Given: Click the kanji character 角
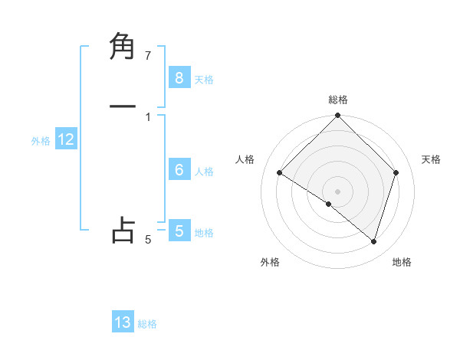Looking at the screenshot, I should (x=123, y=47).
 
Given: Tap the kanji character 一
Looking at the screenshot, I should (x=123, y=106).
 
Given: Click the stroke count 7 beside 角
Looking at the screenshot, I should (x=148, y=55).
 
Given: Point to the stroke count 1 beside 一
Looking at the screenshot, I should (x=148, y=116).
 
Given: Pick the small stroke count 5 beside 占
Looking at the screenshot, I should (x=148, y=240).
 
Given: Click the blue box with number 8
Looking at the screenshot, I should (x=179, y=78).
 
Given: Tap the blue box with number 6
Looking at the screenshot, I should (x=179, y=170).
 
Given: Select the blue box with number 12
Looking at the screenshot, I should (x=65, y=140).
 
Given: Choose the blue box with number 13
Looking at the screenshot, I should (x=123, y=322).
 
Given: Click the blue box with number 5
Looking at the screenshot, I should (x=179, y=231).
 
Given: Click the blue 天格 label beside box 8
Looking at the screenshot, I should (x=204, y=80).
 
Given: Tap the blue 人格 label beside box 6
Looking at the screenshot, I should (x=204, y=172).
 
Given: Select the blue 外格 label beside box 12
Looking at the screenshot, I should (x=41, y=141).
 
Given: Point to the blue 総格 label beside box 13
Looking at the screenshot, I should (x=147, y=324).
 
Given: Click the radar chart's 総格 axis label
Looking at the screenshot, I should (x=338, y=100).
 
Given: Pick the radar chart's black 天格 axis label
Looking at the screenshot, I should (x=432, y=159).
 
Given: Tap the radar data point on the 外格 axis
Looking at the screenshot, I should (x=329, y=204).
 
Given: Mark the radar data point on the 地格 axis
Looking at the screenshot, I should (x=374, y=241).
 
